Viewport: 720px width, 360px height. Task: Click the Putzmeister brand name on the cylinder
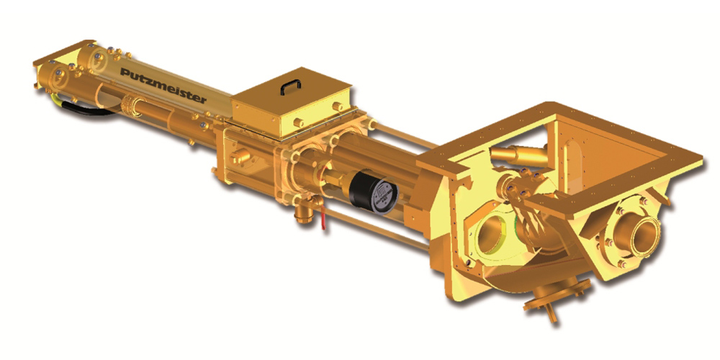pyautogui.click(x=163, y=85)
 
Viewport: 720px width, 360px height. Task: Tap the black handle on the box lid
pyautogui.click(x=291, y=86)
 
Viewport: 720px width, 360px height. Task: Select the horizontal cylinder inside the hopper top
pyautogui.click(x=520, y=156)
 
